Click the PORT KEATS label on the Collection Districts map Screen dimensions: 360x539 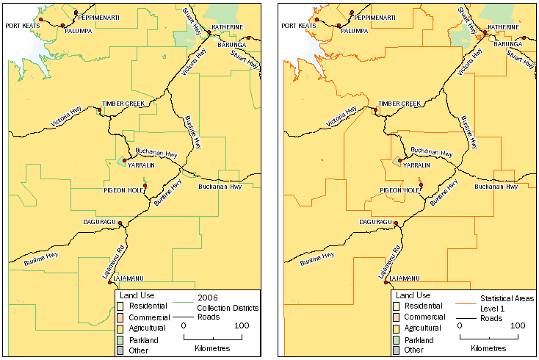click(x=22, y=26)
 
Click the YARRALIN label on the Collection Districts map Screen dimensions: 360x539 click(x=141, y=166)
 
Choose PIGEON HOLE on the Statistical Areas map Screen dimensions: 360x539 click(x=399, y=190)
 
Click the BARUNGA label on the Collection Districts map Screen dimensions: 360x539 click(x=231, y=45)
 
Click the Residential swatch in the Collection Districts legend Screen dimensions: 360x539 click(x=121, y=305)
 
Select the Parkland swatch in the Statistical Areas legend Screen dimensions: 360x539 click(x=397, y=340)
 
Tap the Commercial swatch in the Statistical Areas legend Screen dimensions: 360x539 click(x=397, y=317)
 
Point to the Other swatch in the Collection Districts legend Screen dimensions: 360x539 click(x=121, y=351)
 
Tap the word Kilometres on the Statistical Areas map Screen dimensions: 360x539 click(x=488, y=347)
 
